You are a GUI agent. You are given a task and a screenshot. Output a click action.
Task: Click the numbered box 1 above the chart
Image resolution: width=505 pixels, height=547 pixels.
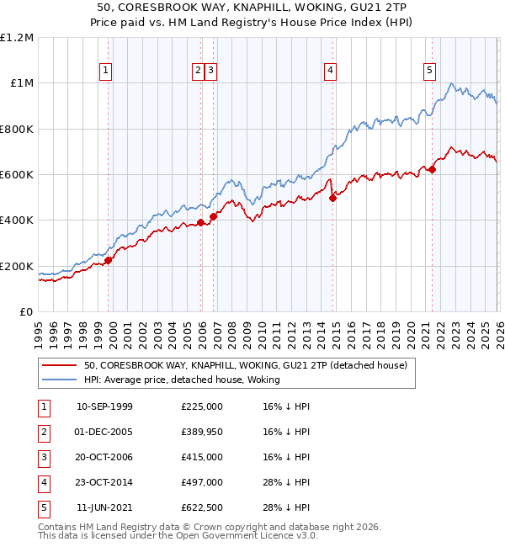(x=106, y=72)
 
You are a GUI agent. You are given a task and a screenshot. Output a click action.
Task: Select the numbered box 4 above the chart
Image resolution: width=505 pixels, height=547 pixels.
(x=331, y=72)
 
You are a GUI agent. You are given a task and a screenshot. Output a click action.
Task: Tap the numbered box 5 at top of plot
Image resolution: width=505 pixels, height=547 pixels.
(x=429, y=72)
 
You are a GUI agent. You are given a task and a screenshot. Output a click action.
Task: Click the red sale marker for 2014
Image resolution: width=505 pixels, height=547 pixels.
(x=332, y=199)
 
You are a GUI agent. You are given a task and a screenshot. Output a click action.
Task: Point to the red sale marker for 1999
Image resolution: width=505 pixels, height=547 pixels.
(x=109, y=261)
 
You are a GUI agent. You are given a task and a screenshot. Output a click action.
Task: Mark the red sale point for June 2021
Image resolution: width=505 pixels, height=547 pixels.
(x=432, y=170)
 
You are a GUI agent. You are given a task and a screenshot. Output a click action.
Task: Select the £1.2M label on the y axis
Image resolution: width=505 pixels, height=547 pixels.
(x=18, y=38)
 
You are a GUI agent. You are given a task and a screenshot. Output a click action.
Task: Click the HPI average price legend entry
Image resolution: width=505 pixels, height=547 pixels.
(x=182, y=380)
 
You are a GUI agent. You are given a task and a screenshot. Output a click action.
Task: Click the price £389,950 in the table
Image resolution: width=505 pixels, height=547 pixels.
(x=201, y=432)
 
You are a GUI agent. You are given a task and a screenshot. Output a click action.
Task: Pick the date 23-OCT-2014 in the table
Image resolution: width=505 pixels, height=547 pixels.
(x=104, y=482)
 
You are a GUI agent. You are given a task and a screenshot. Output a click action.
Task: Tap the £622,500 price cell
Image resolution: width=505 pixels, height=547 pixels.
(x=201, y=507)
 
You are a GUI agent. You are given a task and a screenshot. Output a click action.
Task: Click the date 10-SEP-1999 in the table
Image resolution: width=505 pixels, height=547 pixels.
(x=104, y=406)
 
